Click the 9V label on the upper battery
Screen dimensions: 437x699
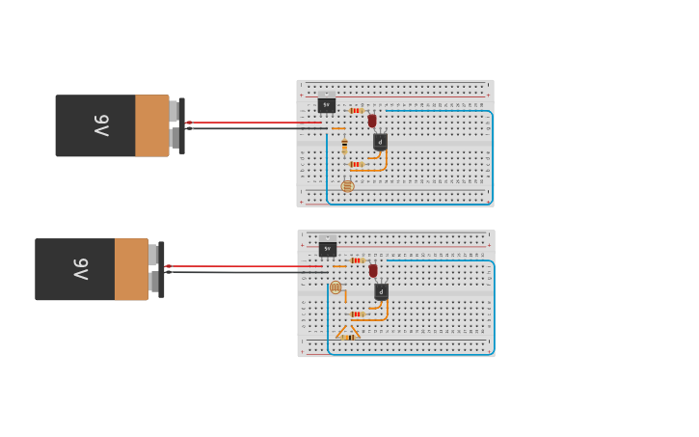click(x=101, y=125)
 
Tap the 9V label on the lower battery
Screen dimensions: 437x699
click(x=81, y=269)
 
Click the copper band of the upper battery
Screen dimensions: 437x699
click(x=151, y=125)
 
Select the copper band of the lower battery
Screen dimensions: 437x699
click(x=131, y=269)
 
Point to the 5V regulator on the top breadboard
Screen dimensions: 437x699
click(x=327, y=104)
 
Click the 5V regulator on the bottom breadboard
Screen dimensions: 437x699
click(x=328, y=249)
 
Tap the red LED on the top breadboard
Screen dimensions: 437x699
click(x=372, y=122)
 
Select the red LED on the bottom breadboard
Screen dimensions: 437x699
click(x=373, y=271)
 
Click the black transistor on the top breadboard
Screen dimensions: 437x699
click(x=380, y=142)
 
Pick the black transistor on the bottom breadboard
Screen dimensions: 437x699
click(x=381, y=291)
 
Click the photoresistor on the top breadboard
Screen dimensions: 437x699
click(x=347, y=186)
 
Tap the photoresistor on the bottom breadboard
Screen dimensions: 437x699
click(x=336, y=287)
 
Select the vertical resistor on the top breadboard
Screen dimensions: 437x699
click(x=344, y=146)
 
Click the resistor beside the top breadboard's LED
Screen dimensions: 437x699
click(x=356, y=111)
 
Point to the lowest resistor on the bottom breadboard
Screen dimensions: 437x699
click(x=348, y=337)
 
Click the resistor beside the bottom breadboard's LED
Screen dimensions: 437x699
click(x=357, y=260)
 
